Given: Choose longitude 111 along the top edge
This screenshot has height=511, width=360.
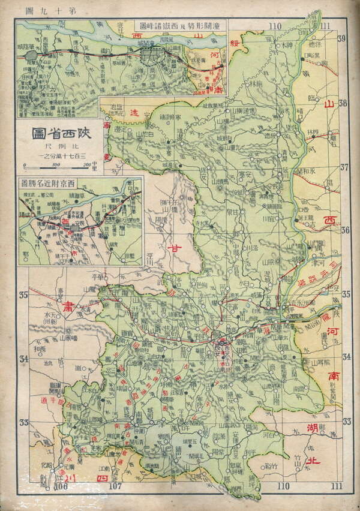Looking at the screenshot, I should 325,26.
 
